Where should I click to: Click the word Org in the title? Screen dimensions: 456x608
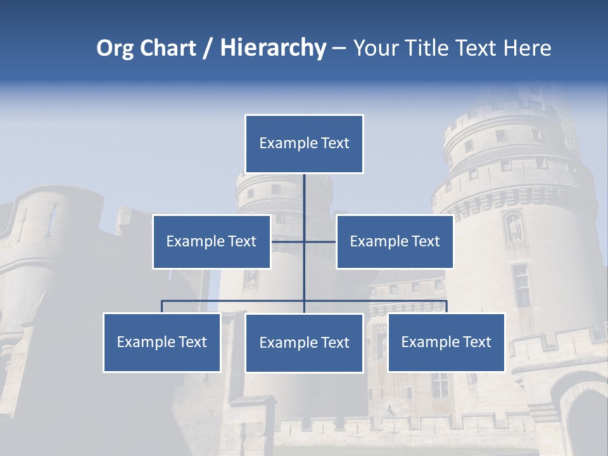(115, 48)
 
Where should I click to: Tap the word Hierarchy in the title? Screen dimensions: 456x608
(272, 48)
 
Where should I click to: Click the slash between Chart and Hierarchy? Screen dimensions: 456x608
(207, 49)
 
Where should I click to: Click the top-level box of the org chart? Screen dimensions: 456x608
(304, 144)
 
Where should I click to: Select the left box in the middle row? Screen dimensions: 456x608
(212, 241)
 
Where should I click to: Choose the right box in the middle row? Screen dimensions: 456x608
(395, 241)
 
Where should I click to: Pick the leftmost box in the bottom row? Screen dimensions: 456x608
(161, 342)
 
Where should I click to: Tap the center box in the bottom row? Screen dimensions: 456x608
(304, 343)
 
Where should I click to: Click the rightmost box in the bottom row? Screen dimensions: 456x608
(446, 342)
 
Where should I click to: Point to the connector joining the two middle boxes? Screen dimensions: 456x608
(320, 241)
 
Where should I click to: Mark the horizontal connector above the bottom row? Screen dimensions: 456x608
(234, 301)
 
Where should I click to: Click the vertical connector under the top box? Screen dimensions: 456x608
(304, 196)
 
